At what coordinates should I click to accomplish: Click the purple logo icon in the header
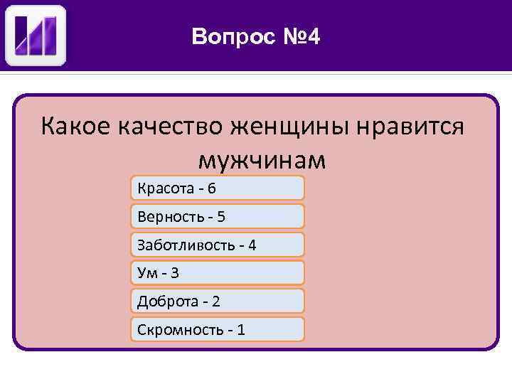point(36,36)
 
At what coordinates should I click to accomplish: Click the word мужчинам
point(262,160)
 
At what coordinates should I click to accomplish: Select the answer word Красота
point(167,188)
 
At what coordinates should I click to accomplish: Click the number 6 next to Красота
point(212,188)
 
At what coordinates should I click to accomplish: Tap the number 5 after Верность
point(221,216)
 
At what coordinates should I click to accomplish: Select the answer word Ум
point(146,273)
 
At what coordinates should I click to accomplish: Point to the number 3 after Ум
point(175,273)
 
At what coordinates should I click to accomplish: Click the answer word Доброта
point(168,302)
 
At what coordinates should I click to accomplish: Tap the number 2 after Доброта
point(215,302)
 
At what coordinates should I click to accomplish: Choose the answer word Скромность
point(180,330)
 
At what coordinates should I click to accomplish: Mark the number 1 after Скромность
point(242,330)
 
